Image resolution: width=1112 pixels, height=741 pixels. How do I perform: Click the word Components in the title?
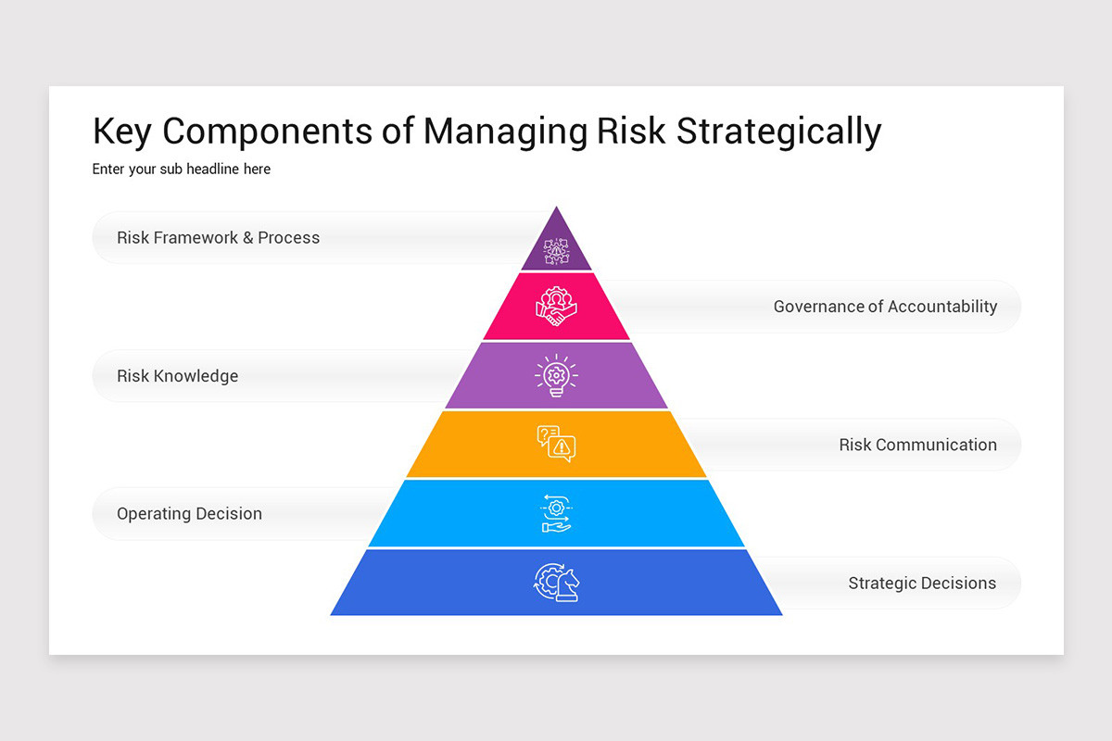pyautogui.click(x=270, y=132)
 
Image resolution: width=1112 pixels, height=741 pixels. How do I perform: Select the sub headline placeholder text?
pyautogui.click(x=182, y=170)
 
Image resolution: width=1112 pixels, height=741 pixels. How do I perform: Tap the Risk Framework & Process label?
pyautogui.click(x=218, y=238)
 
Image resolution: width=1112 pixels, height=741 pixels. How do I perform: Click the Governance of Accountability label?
pyautogui.click(x=885, y=307)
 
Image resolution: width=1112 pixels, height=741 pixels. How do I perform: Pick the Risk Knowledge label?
pyautogui.click(x=177, y=376)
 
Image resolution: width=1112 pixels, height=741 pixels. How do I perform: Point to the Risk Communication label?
pyautogui.click(x=917, y=445)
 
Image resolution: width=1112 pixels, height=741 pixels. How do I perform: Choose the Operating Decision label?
pyautogui.click(x=189, y=514)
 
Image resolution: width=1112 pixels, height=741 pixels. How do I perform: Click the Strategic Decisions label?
pyautogui.click(x=922, y=584)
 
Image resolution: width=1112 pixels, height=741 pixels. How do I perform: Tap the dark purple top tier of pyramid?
pyautogui.click(x=556, y=232)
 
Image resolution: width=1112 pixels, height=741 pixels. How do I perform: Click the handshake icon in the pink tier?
pyautogui.click(x=556, y=307)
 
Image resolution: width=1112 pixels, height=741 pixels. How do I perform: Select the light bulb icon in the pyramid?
pyautogui.click(x=556, y=376)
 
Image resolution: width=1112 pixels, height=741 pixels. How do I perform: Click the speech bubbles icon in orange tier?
pyautogui.click(x=556, y=444)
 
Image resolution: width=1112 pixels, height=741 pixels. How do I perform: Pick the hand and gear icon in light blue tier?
pyautogui.click(x=556, y=514)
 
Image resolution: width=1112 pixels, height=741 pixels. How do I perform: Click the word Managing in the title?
pyautogui.click(x=505, y=132)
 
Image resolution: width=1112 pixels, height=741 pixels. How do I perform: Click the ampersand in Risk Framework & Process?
pyautogui.click(x=247, y=238)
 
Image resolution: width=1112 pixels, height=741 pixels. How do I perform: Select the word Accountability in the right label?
pyautogui.click(x=942, y=307)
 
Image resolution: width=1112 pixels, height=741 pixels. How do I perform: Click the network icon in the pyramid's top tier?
pyautogui.click(x=556, y=250)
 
